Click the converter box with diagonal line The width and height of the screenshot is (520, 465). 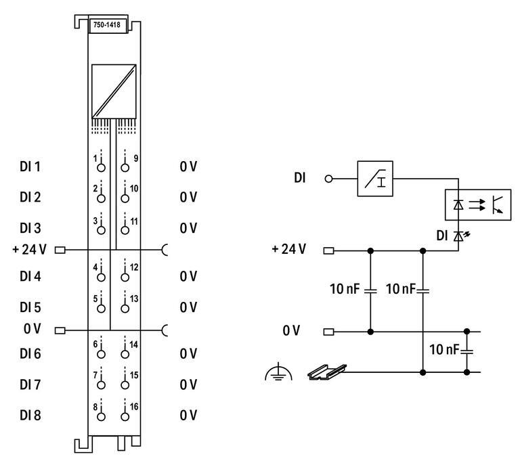(114, 91)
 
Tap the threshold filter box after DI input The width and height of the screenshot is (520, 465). (375, 179)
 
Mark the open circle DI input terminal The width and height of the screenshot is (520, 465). (330, 179)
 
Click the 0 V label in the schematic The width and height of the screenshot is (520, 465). (292, 331)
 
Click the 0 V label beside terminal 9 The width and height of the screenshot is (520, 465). (188, 167)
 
